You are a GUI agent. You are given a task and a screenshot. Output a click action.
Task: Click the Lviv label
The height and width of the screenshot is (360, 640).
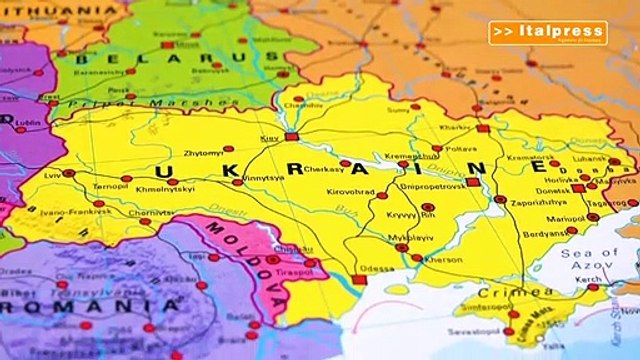[x=53, y=174]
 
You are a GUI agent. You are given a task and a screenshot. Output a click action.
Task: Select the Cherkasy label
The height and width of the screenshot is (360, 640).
[x=324, y=169]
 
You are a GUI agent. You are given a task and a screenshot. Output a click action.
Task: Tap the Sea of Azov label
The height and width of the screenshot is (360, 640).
[x=591, y=261]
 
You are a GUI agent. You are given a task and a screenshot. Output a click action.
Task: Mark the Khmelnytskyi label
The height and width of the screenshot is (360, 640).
[x=166, y=188]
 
